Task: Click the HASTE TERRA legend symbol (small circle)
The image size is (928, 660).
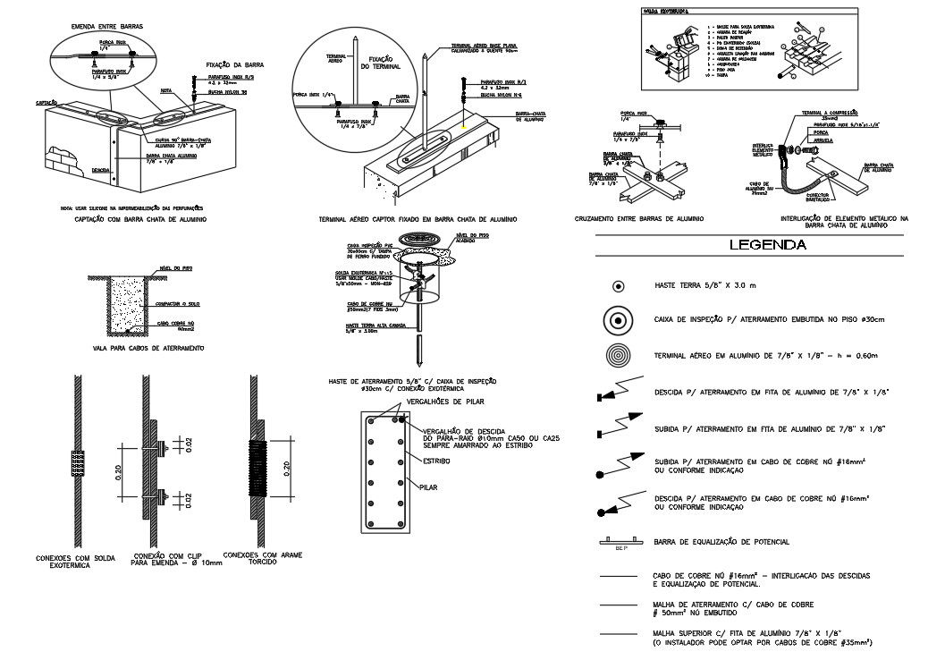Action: click(x=618, y=286)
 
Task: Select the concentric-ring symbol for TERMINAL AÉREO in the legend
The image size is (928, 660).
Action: click(x=618, y=355)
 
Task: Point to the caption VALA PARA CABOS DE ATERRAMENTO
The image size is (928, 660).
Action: click(x=149, y=347)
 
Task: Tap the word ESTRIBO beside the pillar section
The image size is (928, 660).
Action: click(x=437, y=461)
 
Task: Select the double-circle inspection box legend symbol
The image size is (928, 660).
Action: click(x=618, y=319)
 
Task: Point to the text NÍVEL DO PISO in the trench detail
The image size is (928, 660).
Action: click(x=171, y=267)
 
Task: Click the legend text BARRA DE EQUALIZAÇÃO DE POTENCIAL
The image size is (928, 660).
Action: click(x=722, y=543)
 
